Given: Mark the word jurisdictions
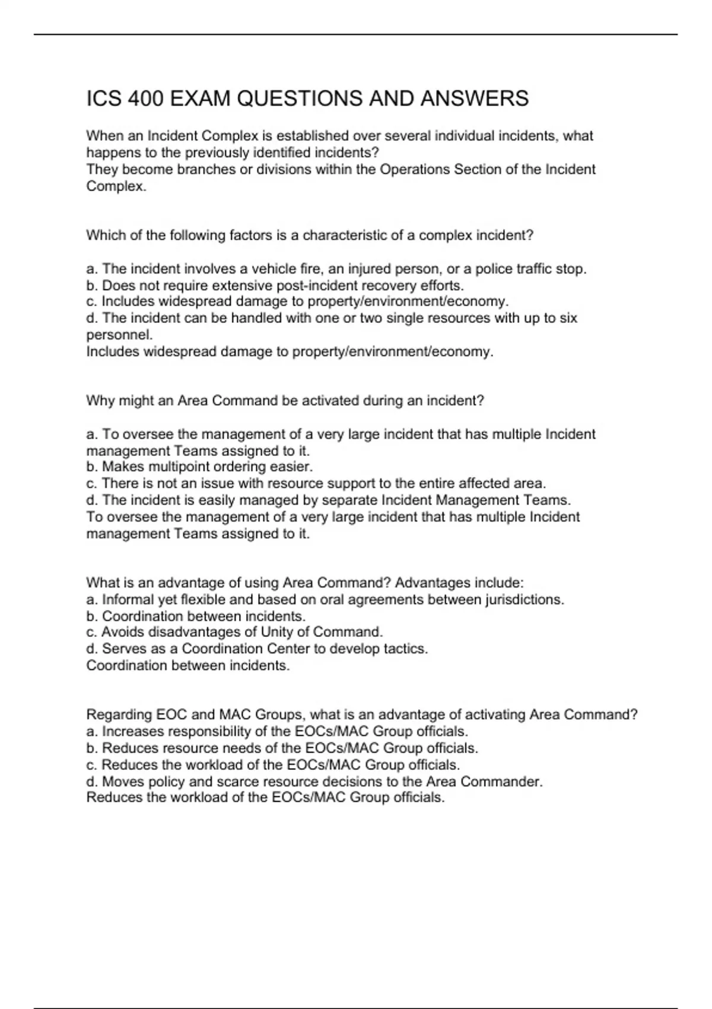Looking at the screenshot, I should click(524, 599).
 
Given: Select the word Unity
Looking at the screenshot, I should click(277, 632).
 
